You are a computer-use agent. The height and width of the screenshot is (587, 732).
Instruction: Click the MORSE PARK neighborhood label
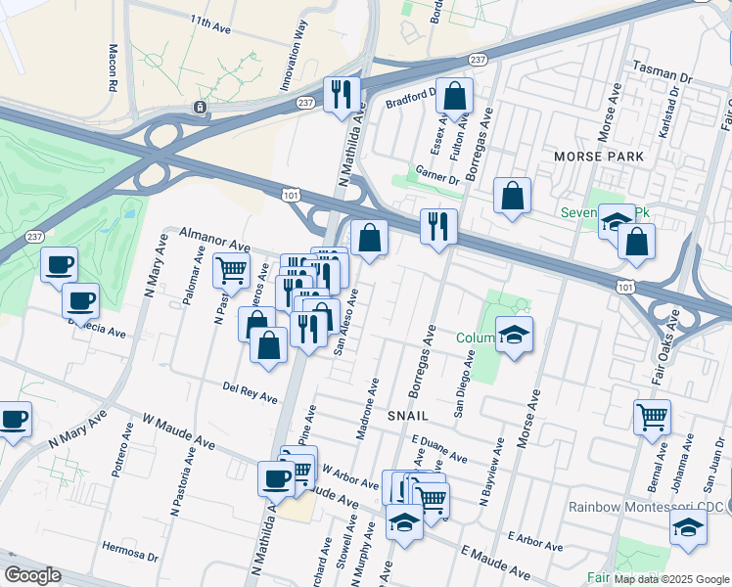pos(599,157)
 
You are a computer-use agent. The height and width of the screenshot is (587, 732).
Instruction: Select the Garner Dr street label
pos(436,176)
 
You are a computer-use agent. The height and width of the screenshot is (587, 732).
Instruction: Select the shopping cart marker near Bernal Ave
pos(652,417)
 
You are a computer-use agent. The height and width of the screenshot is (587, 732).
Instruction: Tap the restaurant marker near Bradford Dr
pos(342,94)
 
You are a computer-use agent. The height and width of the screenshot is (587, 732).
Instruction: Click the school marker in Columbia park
pos(515,335)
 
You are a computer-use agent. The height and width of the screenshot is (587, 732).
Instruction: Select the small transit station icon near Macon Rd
pos(200,107)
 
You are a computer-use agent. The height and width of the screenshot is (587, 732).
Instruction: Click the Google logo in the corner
pos(31,575)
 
